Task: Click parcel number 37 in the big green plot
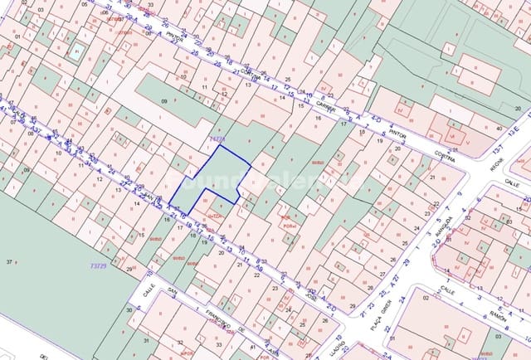tap(10, 262)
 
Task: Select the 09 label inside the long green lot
tap(164, 101)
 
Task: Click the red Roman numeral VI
tap(453, 134)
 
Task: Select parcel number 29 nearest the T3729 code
tap(129, 269)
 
